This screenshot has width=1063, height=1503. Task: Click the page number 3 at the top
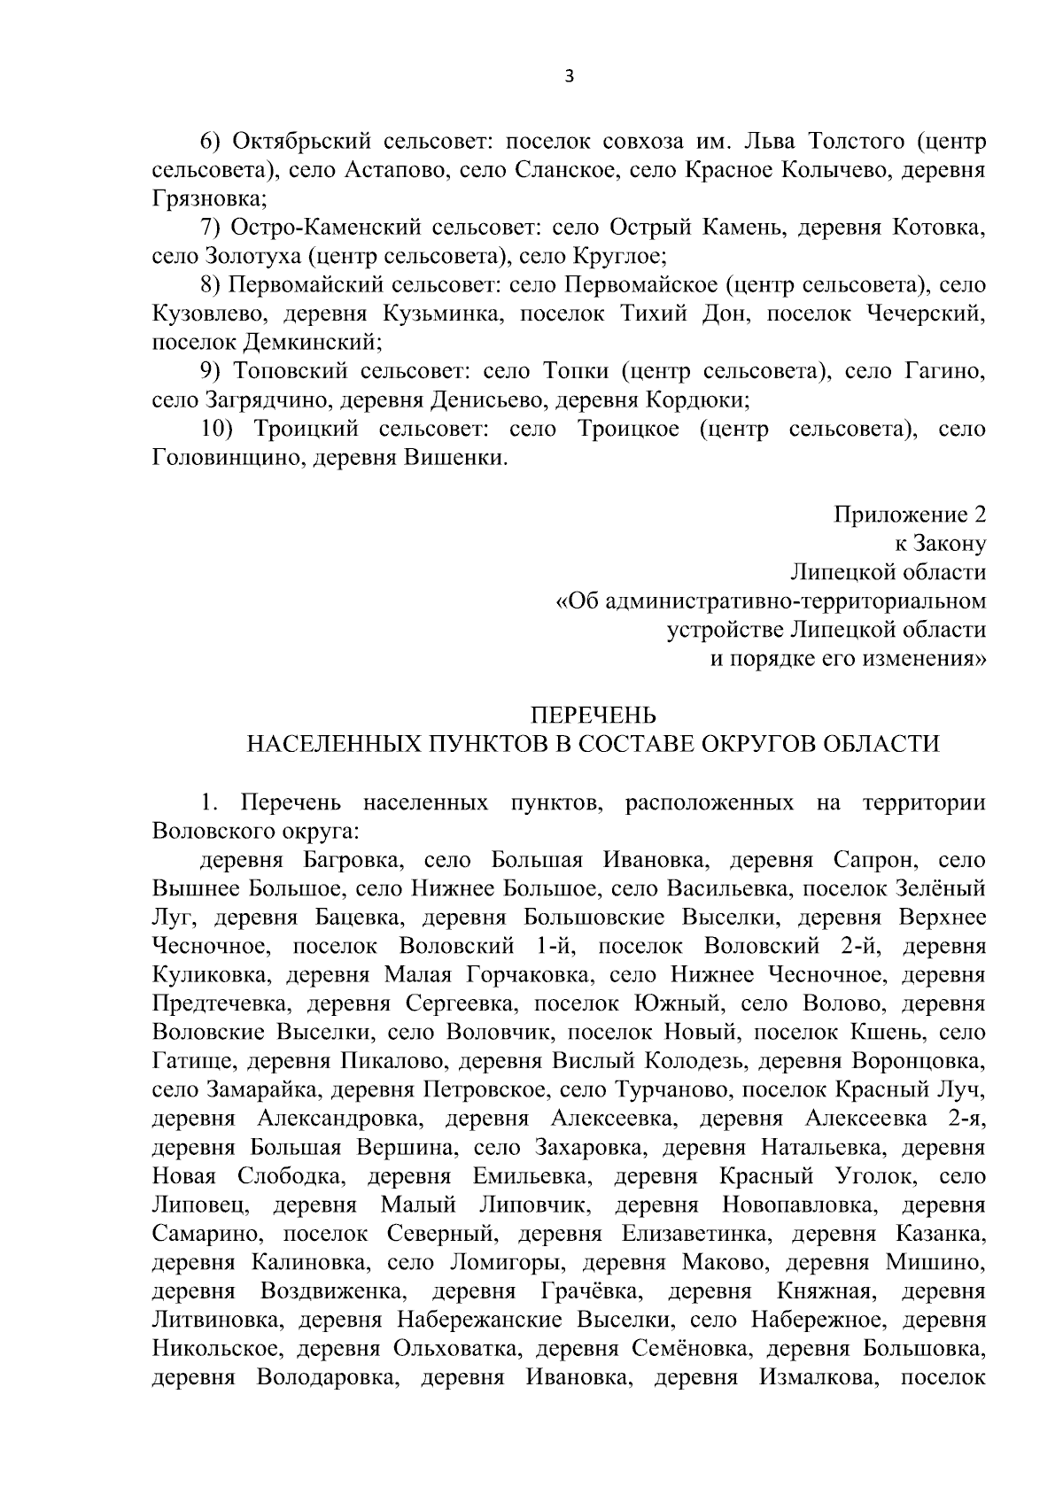tap(569, 77)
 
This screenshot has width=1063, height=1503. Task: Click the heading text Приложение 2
tap(909, 515)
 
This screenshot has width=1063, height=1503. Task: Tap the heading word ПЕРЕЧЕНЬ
tap(592, 715)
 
